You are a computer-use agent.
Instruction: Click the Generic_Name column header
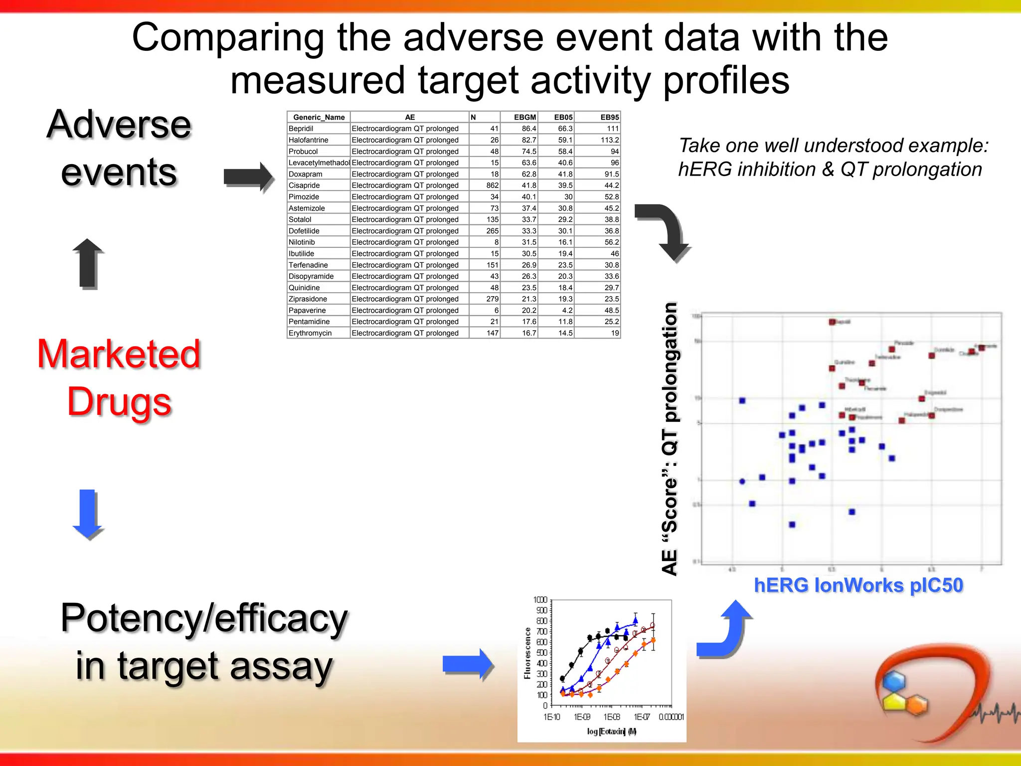tap(319, 117)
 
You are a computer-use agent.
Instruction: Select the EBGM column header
tap(524, 117)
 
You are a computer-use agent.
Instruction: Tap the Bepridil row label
tap(301, 129)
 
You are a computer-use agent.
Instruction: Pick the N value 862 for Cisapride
tap(492, 186)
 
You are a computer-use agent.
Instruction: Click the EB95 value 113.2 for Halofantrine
tap(609, 140)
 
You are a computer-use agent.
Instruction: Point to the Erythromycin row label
tap(310, 333)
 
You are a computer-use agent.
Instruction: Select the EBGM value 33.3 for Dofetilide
tap(528, 231)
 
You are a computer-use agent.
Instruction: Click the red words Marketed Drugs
tap(119, 378)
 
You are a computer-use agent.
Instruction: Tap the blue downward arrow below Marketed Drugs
tap(87, 514)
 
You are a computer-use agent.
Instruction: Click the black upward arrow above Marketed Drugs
tap(88, 263)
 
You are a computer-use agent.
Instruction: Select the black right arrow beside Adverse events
tap(248, 177)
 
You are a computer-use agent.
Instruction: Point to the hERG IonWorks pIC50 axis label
tap(858, 585)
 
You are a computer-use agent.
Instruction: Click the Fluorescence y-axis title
tap(527, 653)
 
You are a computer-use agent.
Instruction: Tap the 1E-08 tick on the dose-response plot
tap(611, 717)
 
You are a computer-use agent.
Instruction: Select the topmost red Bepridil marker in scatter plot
tap(832, 322)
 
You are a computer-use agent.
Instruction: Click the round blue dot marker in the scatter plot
tap(742, 481)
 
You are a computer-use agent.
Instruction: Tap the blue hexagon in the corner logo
tap(893, 681)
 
